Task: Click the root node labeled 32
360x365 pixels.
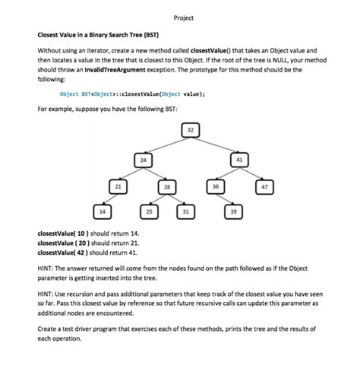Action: point(190,131)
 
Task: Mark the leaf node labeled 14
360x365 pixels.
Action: point(103,210)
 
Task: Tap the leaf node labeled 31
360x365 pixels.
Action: point(185,210)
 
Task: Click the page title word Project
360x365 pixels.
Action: point(183,17)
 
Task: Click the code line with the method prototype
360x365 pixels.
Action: point(132,94)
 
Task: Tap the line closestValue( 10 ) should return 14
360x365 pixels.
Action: point(88,233)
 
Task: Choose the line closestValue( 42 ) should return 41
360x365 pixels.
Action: point(88,251)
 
